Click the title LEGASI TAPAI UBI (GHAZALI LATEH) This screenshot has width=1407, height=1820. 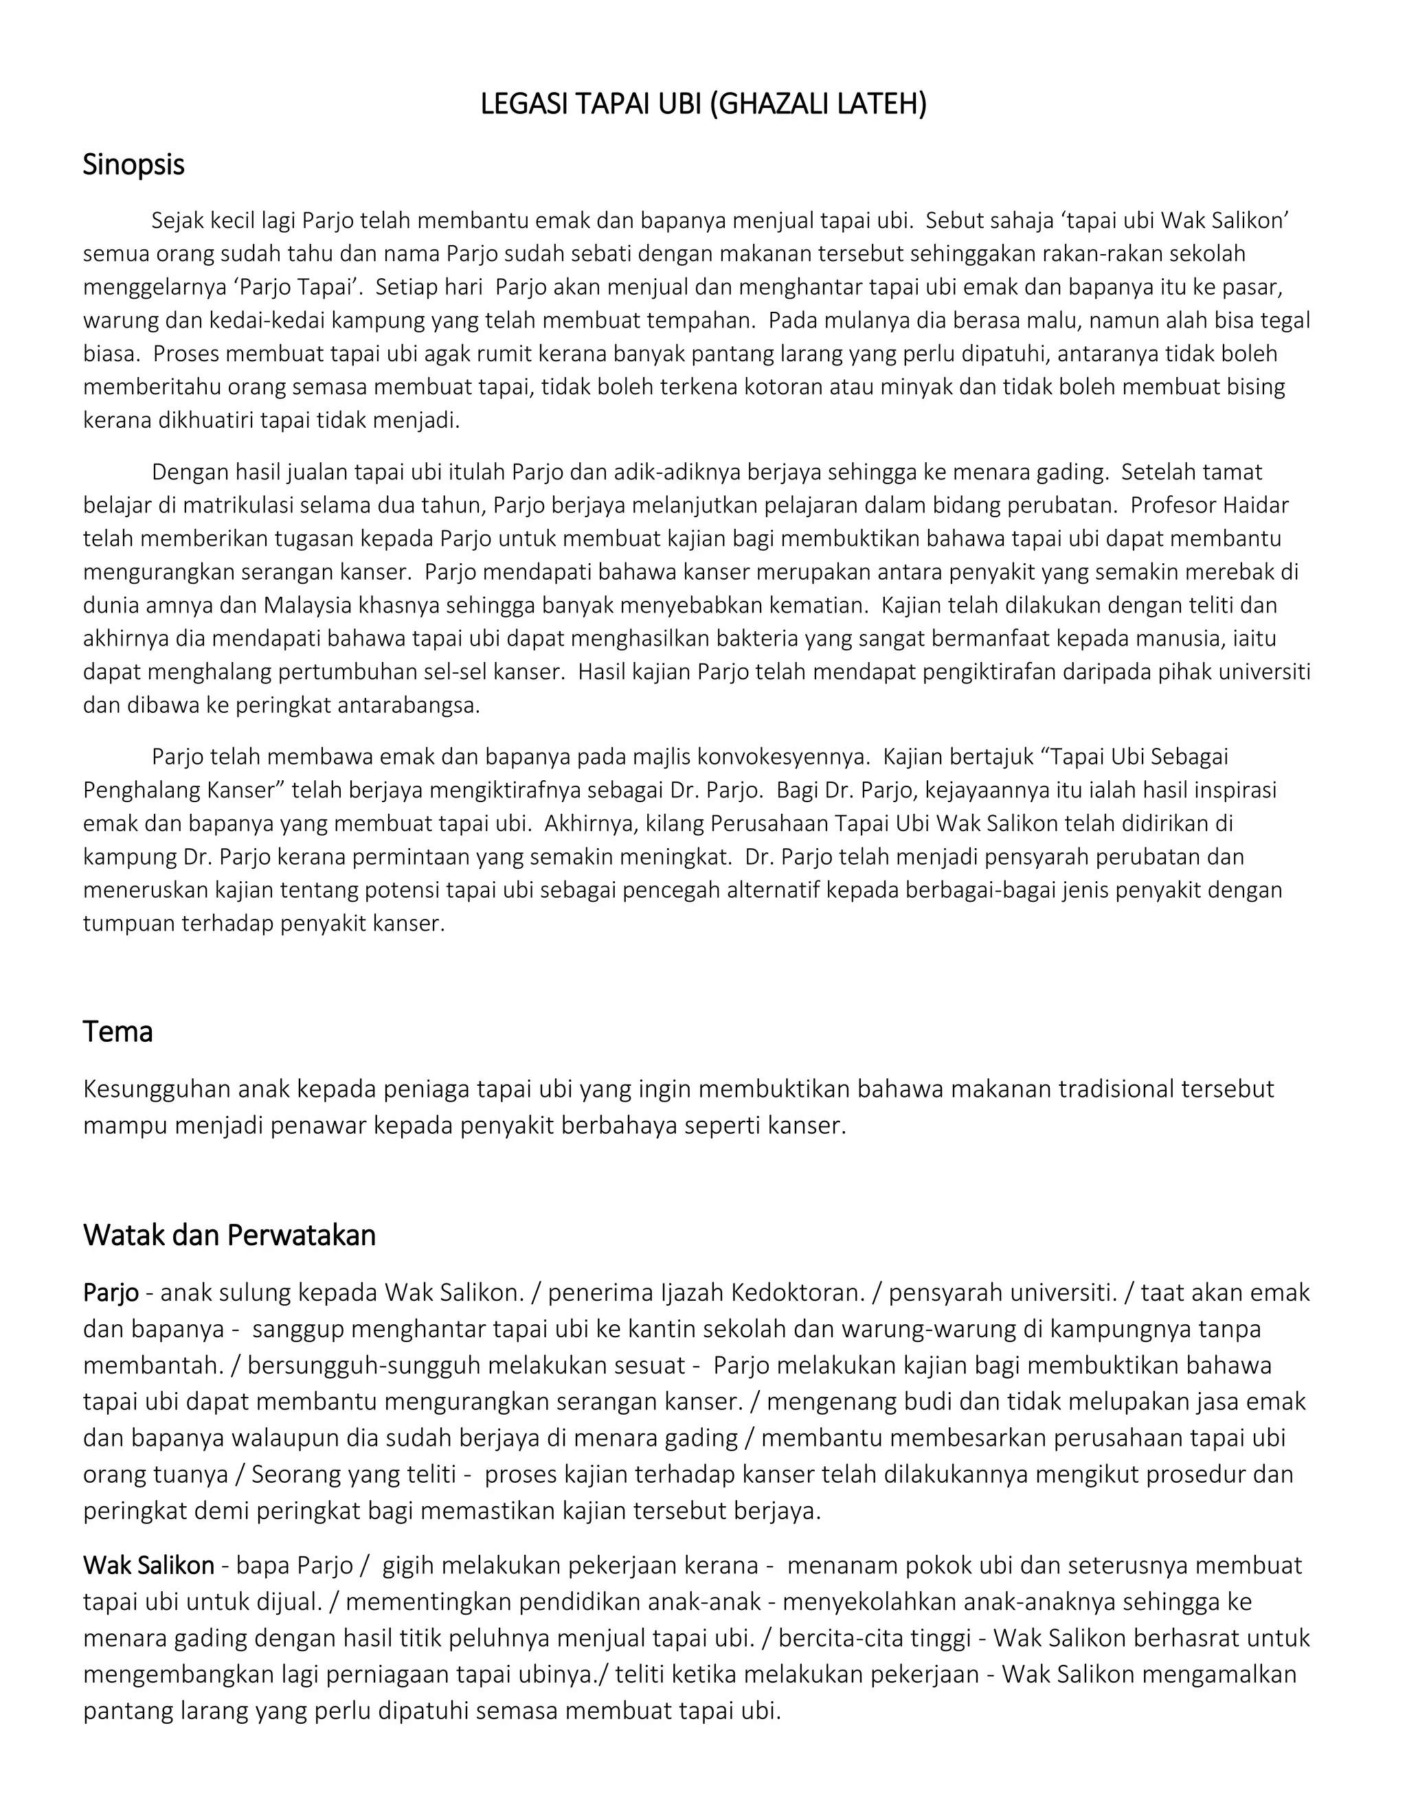(x=703, y=104)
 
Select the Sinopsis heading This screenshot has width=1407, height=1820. (x=133, y=165)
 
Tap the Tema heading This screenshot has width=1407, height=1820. (x=117, y=1032)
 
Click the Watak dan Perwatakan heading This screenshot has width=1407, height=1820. (x=229, y=1235)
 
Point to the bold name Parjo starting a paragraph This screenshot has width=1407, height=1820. (x=111, y=1293)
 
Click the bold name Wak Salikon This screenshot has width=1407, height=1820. (x=148, y=1565)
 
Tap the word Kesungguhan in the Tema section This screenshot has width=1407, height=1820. (x=157, y=1089)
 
